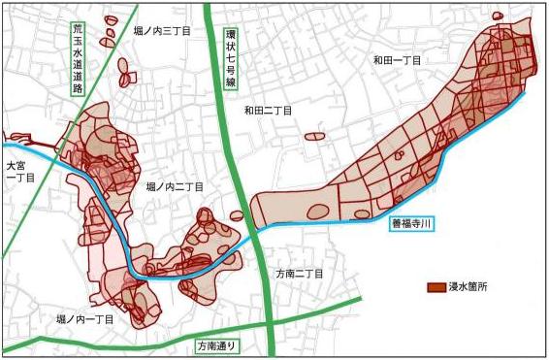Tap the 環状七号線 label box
pyautogui.click(x=230, y=59)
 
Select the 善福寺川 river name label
pyautogui.click(x=412, y=224)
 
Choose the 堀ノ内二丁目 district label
pyautogui.click(x=175, y=185)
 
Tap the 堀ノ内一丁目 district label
pyautogui.click(x=86, y=317)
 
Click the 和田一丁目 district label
pyautogui.click(x=398, y=60)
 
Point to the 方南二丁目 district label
pyautogui.click(x=303, y=274)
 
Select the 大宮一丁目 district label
pyautogui.click(x=18, y=172)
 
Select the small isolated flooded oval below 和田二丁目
pyautogui.click(x=315, y=136)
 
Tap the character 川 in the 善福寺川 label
pyautogui.click(x=428, y=224)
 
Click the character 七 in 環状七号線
pyautogui.click(x=230, y=59)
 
